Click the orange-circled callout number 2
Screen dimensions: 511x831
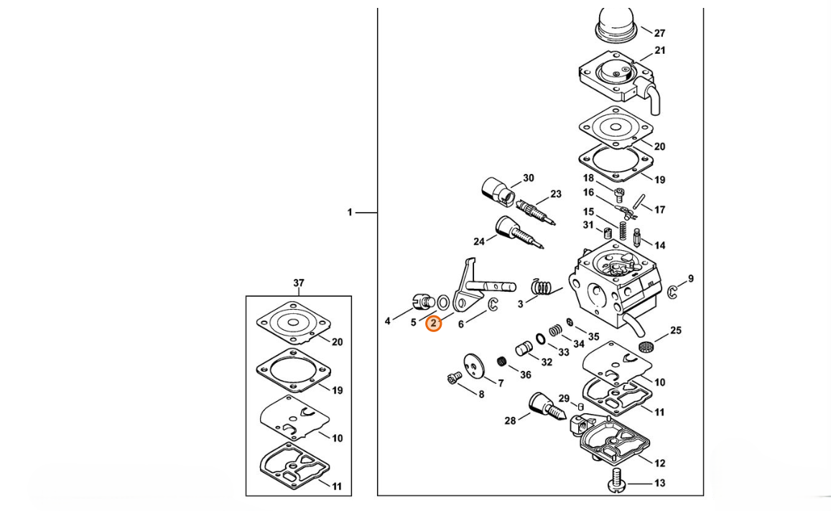pos(434,323)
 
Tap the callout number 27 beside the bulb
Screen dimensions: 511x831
pos(659,32)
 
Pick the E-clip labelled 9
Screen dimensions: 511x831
pos(672,291)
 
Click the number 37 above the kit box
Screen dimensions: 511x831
pos(299,284)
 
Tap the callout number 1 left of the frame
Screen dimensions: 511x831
pos(350,212)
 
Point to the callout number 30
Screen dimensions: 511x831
pos(529,178)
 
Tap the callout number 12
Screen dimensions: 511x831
pos(659,464)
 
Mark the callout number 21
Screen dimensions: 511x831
pos(659,51)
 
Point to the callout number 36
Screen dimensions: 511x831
pos(526,374)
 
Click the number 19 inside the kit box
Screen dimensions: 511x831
pos(337,390)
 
